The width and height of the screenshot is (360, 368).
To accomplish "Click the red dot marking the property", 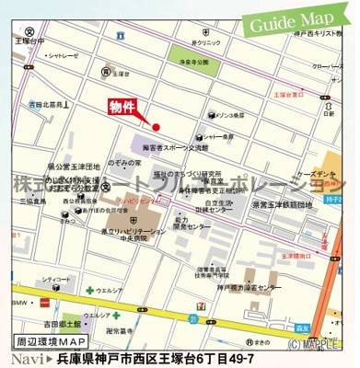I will [x=157, y=127].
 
